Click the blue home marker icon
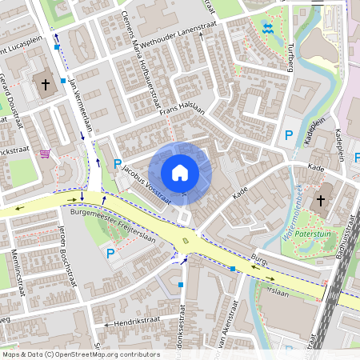180,173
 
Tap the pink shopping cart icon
45,154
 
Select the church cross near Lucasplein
45,82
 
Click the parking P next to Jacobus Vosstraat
118,164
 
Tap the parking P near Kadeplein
289,135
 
